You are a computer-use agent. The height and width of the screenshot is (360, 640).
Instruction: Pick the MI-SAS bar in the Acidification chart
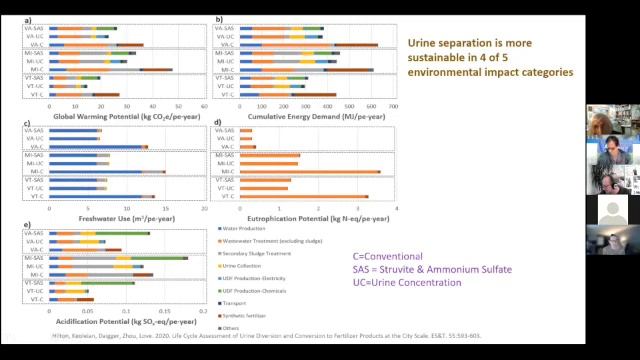[x=120, y=258]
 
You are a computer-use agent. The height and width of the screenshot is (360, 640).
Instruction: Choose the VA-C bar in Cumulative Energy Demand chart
[x=310, y=45]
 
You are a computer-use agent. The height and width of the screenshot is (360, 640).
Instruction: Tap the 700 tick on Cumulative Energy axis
[x=393, y=105]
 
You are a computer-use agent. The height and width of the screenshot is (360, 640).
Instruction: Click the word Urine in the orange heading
[x=425, y=44]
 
